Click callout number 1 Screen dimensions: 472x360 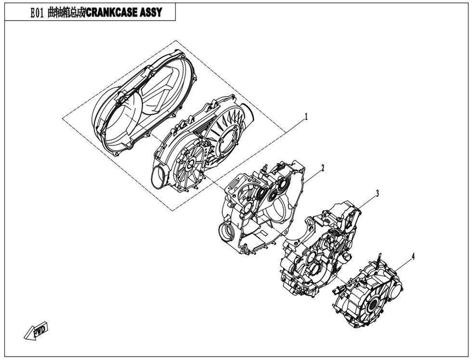click(306, 116)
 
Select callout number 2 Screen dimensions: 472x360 click(323, 168)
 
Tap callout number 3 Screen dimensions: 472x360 click(377, 193)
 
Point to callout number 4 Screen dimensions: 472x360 click(413, 257)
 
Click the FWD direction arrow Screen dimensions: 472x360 click(36, 331)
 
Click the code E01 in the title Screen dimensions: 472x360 click(38, 13)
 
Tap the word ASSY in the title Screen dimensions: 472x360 click(151, 13)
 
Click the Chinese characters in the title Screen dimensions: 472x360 click(67, 13)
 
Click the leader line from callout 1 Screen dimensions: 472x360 click(294, 126)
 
